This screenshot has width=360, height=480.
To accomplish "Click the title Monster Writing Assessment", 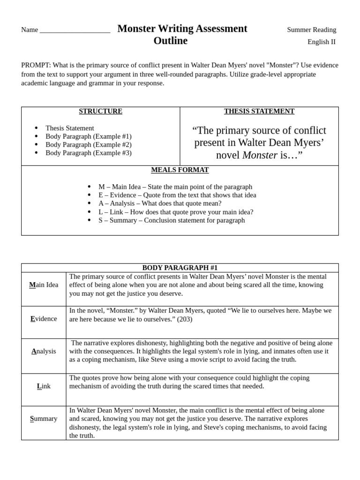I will point(182,29).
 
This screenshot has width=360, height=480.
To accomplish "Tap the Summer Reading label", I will point(311,30).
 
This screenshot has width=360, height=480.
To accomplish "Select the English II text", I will point(321,42).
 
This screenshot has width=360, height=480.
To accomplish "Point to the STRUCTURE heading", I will point(100,111).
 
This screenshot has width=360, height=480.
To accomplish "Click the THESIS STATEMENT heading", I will point(259,111).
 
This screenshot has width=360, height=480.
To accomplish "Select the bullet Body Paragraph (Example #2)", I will point(88,144).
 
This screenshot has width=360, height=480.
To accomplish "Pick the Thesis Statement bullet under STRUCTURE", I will point(69,128).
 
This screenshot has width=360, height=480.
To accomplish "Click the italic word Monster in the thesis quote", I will point(260,155).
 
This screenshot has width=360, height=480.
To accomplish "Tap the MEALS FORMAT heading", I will point(180,170).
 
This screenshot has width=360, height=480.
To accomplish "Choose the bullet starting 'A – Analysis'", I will point(160,203).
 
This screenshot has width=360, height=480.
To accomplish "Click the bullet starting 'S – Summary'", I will point(171,220).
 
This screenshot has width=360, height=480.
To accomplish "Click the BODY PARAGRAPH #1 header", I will point(180,268).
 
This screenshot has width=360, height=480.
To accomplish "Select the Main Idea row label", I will point(44,285).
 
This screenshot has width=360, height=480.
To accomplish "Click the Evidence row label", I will point(44,319).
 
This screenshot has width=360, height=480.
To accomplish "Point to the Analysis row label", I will point(44,351).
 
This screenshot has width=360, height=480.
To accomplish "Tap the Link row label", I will point(44,386).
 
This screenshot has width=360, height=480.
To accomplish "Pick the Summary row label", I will point(44,419).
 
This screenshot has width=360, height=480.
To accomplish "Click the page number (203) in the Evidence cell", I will point(184,319).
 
